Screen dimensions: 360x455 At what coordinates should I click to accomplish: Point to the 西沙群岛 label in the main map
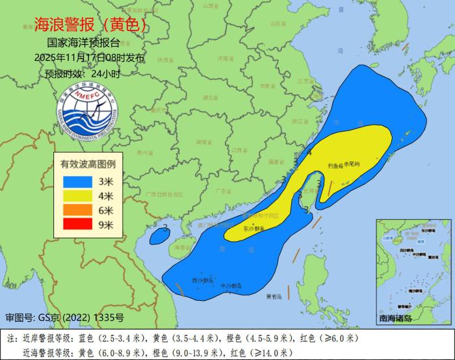coord(203,280)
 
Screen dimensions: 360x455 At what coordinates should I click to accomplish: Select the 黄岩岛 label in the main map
coord(274,296)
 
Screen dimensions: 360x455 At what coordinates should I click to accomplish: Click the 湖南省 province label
coord(203,141)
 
